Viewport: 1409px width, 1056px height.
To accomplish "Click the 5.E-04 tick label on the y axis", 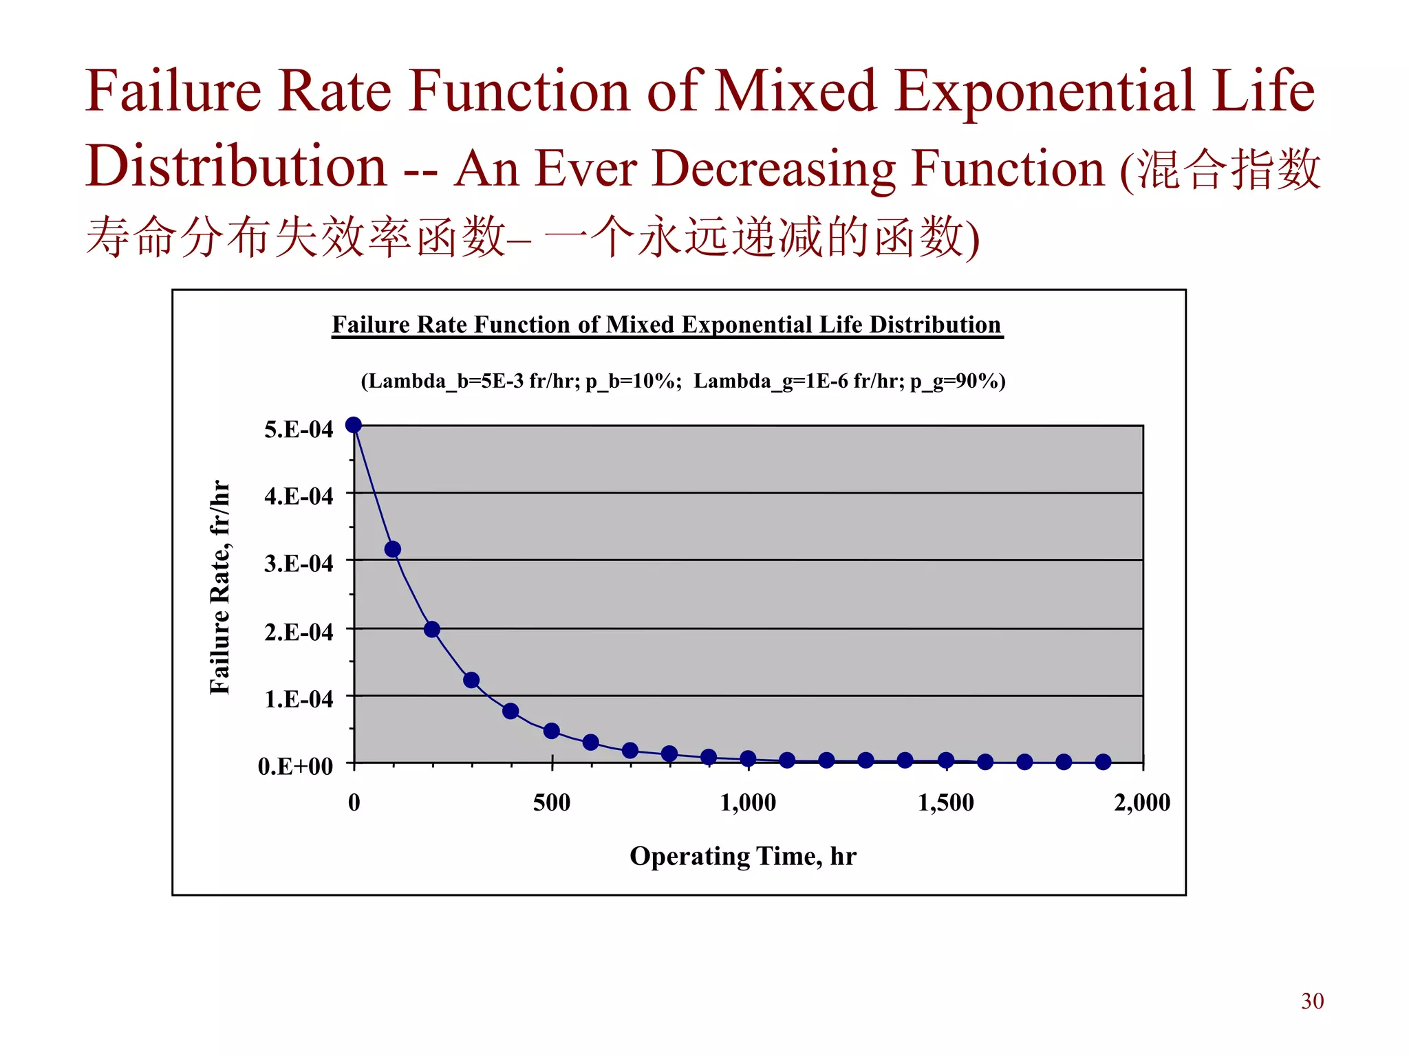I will point(298,430).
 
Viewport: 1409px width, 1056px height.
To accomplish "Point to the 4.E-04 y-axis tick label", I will point(298,496).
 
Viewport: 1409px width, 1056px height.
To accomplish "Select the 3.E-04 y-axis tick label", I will point(298,564).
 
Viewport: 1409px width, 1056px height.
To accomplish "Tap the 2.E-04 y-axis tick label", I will point(298,632).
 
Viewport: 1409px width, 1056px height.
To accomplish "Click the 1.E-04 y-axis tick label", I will point(298,699).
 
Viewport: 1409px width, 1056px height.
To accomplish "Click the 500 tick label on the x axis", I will point(552,802).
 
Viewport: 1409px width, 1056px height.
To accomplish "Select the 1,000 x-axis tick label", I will point(748,802).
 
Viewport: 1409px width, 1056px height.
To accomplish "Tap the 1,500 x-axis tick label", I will point(946,802).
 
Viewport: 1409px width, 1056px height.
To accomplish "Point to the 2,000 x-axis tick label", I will point(1142,802).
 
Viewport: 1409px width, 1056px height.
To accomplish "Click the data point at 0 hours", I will point(354,425).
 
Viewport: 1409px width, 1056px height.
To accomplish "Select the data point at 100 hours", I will point(393,549).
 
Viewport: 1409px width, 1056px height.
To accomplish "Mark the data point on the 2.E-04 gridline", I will point(432,629).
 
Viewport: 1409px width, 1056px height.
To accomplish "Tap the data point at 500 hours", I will point(551,731).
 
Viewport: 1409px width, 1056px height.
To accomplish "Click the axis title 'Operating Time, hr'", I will point(743,857).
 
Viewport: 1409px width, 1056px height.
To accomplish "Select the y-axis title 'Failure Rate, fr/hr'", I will point(219,587).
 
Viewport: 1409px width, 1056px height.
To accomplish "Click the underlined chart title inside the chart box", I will point(667,325).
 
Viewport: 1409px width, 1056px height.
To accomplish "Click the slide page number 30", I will point(1312,1001).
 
